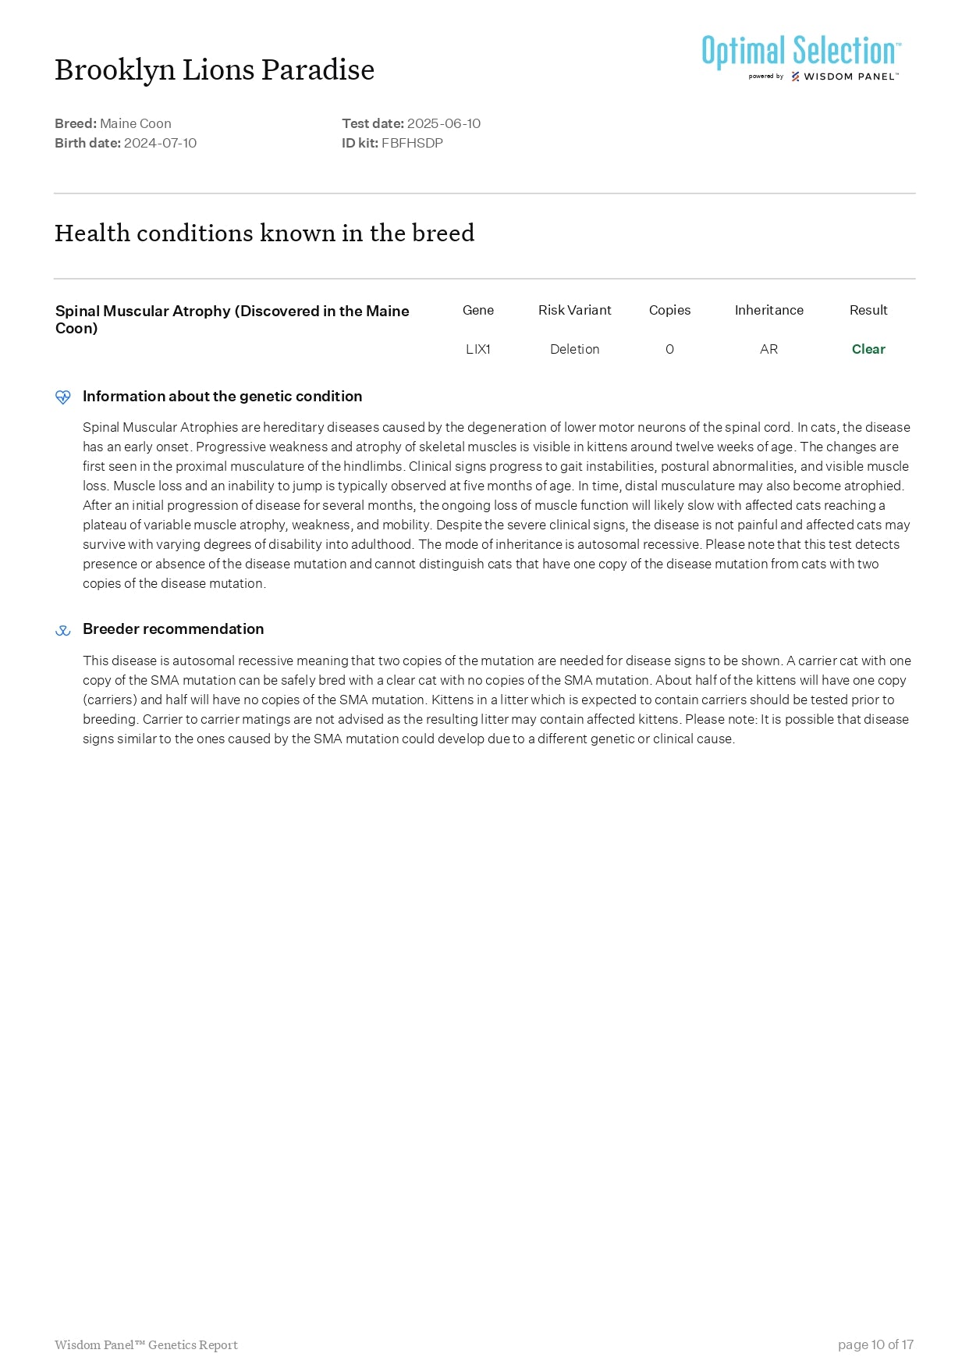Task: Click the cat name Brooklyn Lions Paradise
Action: coord(215,70)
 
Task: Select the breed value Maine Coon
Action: coord(136,123)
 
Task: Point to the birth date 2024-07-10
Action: coord(160,143)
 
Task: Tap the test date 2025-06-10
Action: coord(443,123)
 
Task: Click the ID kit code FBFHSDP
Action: coord(412,143)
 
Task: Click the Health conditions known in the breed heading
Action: coord(264,233)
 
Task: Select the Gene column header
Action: coord(477,310)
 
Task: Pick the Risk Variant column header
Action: coord(574,310)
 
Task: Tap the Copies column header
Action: coord(669,310)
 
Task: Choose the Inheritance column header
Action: coord(768,310)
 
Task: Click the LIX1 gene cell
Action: coord(477,349)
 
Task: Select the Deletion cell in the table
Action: coord(574,349)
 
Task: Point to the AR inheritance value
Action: coord(768,349)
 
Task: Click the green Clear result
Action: coord(868,349)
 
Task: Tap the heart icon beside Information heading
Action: coord(63,397)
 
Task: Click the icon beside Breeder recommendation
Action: coord(63,630)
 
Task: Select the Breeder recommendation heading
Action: coord(173,629)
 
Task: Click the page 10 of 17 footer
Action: coord(875,1344)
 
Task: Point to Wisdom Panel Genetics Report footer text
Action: coord(146,1344)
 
